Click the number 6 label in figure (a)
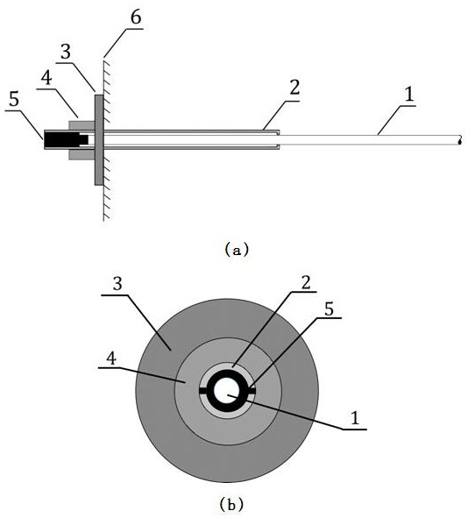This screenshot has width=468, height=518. coord(136,18)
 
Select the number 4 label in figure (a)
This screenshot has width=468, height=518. coord(46,79)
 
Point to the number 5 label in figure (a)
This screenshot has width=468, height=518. coord(14,99)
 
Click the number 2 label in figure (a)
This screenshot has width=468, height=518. coord(294,88)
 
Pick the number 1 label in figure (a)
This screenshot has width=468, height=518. coord(409,94)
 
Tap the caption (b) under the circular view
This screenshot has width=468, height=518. coord(231,505)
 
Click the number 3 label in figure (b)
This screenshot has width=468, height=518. coord(117,283)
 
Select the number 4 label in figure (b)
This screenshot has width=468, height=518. coord(112,358)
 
